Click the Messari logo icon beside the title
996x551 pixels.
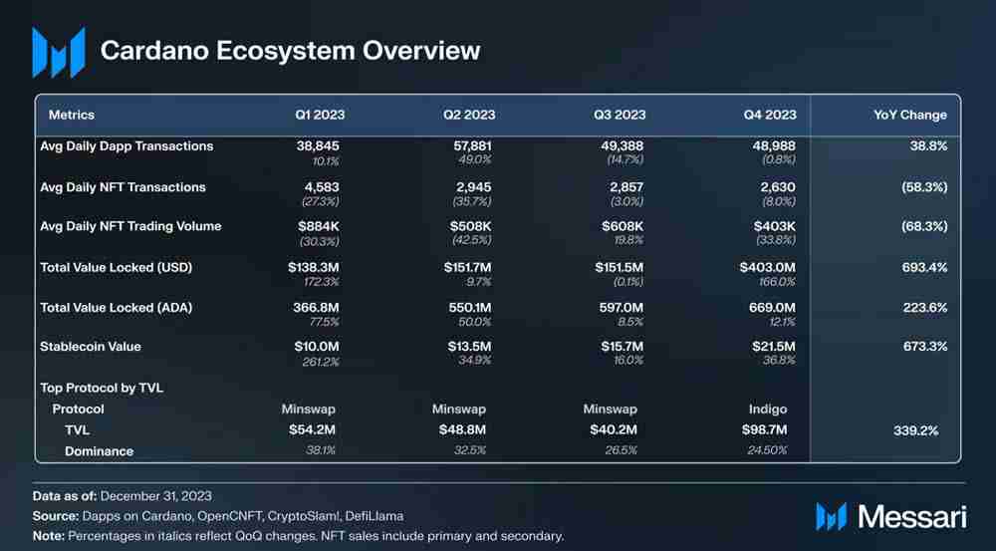coord(58,52)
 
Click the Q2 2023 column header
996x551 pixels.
coord(469,115)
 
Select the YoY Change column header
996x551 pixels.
coord(909,115)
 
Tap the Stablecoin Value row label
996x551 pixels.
coord(91,347)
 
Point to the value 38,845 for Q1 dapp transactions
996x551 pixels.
coord(318,145)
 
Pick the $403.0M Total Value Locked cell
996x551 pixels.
coord(767,267)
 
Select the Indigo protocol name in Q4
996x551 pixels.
coord(767,409)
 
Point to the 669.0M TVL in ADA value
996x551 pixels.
coord(772,308)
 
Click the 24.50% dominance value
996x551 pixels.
coord(767,450)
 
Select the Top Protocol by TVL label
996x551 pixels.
coord(102,388)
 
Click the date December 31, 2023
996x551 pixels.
coord(156,495)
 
